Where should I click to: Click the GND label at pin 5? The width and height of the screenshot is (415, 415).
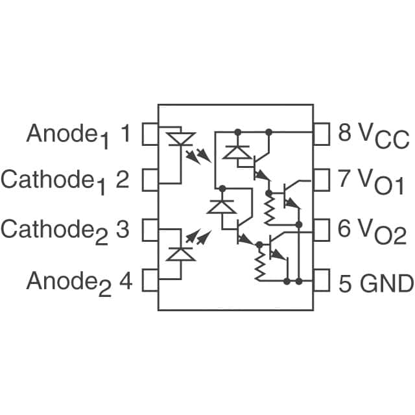(386, 283)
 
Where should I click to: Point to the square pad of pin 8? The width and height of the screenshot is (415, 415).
(322, 134)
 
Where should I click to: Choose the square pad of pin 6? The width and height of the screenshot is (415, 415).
(322, 230)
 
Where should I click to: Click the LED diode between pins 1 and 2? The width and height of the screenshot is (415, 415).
(180, 139)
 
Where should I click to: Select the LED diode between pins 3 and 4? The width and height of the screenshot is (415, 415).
(180, 253)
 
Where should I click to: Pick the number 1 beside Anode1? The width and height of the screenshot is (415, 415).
(126, 134)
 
